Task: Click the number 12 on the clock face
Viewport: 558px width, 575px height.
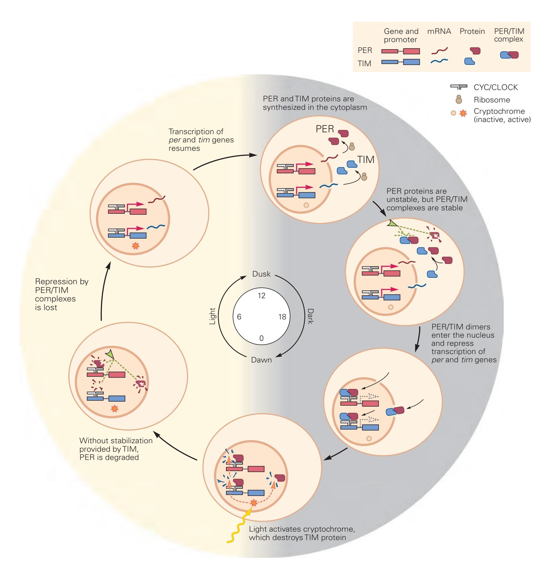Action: (x=261, y=296)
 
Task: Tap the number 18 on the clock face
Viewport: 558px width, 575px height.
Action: (x=282, y=317)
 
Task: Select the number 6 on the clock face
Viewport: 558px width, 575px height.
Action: (x=239, y=317)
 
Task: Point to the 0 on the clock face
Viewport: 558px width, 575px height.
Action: (x=261, y=338)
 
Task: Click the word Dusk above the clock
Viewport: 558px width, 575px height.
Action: (x=261, y=274)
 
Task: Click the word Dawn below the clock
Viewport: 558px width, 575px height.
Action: (x=261, y=360)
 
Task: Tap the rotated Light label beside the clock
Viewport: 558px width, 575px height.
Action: (x=212, y=316)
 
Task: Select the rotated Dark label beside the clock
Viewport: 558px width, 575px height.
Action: (x=311, y=316)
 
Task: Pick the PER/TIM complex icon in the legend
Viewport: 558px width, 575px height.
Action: (x=509, y=55)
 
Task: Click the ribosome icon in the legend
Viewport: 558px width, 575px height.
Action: (x=459, y=99)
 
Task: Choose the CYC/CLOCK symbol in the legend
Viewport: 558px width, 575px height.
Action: (x=458, y=87)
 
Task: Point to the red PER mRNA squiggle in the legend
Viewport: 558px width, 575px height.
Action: (x=439, y=51)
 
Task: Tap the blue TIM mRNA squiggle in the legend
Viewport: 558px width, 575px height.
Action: (x=439, y=61)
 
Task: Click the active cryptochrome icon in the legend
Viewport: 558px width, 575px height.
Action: (x=463, y=113)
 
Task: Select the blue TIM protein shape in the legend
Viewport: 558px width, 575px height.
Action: (x=469, y=61)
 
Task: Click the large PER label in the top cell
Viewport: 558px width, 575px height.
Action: (x=325, y=129)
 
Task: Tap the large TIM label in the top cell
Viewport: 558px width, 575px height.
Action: (x=366, y=160)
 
